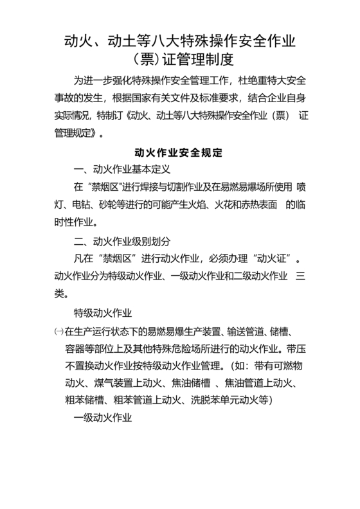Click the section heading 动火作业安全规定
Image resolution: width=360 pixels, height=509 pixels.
coord(179,154)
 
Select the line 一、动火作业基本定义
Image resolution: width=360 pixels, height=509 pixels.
coord(121,171)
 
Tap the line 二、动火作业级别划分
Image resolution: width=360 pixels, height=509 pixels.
coord(122,242)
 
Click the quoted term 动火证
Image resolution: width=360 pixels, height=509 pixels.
coord(271,260)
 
